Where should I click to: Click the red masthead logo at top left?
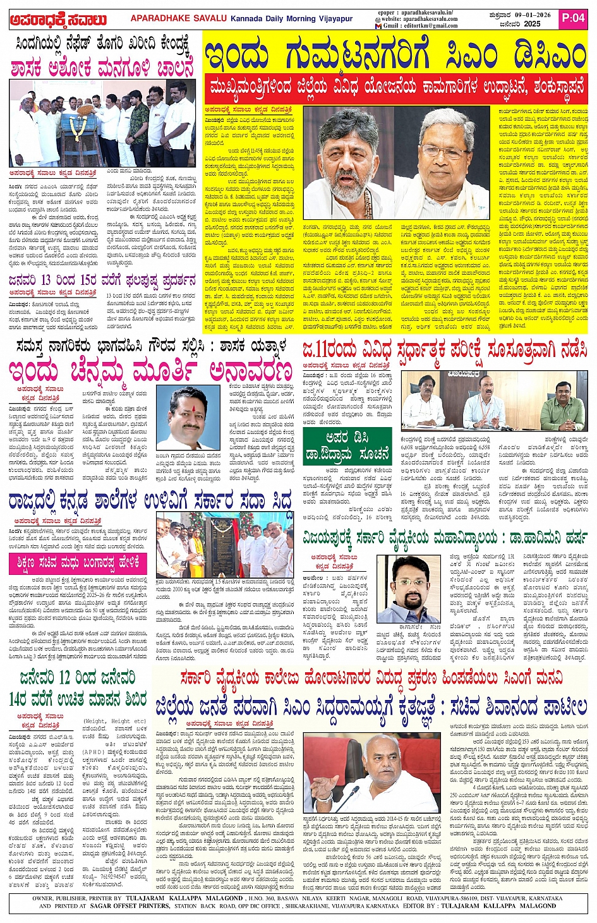(x=58, y=20)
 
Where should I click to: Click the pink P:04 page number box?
(x=574, y=18)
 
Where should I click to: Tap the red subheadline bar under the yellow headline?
(x=395, y=85)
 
